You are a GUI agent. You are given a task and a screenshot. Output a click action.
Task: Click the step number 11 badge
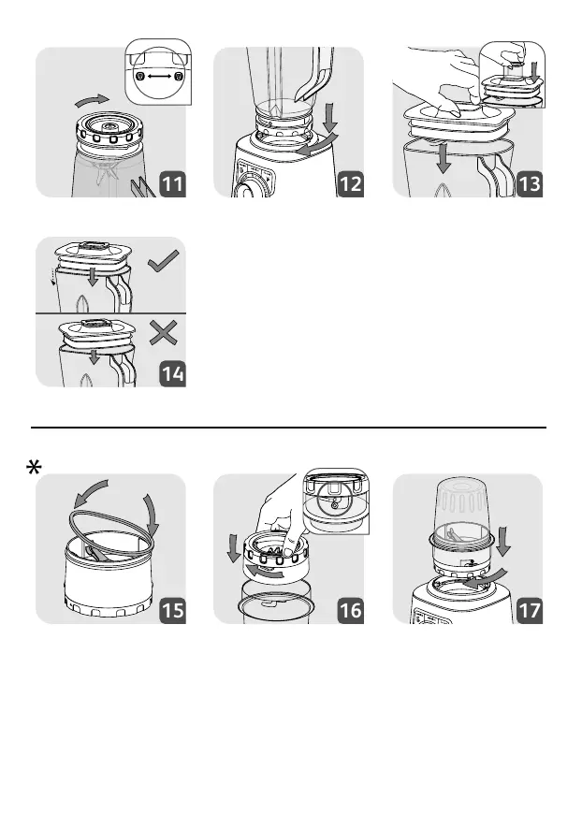173,183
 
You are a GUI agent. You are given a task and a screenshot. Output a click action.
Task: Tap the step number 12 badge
351,183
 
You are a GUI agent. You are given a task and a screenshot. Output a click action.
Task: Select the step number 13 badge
530,183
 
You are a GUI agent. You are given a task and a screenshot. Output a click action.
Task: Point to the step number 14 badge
173,373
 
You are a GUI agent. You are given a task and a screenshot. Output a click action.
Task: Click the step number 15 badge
173,610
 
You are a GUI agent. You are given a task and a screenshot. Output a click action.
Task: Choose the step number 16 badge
351,610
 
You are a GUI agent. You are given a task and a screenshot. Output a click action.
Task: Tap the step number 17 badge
530,610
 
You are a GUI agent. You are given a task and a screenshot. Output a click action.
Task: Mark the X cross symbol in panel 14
163,333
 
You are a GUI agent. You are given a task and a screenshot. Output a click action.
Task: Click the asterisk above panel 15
34,468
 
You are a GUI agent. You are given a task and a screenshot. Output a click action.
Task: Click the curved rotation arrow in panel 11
93,99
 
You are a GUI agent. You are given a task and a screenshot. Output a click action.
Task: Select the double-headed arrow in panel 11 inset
159,77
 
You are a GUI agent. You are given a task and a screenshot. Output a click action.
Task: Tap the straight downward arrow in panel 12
330,117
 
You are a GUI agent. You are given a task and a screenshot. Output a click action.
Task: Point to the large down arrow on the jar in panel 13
444,158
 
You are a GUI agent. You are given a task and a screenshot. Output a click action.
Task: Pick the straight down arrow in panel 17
503,541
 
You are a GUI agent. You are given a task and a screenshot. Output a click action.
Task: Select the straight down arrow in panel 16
233,548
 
